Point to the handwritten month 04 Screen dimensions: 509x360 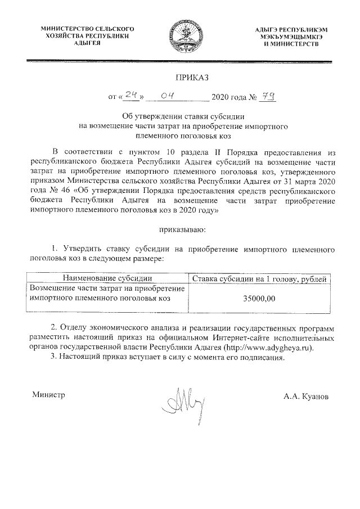pyautogui.click(x=167, y=96)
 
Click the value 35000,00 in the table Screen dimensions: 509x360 pyautogui.click(x=259, y=298)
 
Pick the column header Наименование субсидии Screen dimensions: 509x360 pyautogui.click(x=107, y=278)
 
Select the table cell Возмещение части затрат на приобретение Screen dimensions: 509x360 pyautogui.click(x=107, y=289)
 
